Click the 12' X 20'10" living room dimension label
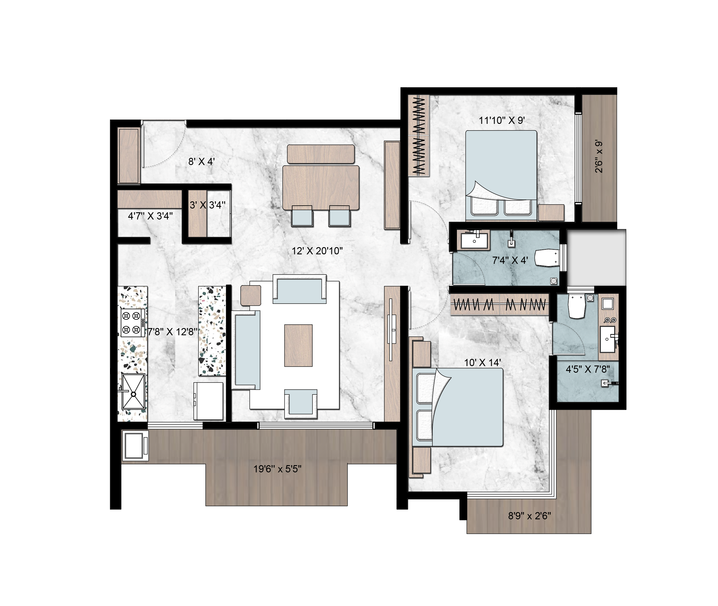pos(317,251)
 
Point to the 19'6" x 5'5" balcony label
pos(278,469)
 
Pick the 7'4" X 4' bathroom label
pos(510,260)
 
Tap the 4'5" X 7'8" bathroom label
pos(588,369)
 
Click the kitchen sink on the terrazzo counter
pos(133,392)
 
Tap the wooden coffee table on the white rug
pos(298,346)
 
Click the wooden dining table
pos(321,188)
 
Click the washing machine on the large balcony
pos(135,446)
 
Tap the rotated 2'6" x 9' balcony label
pos(599,156)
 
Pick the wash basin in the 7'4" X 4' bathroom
pos(474,240)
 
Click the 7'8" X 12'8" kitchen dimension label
pos(172,332)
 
